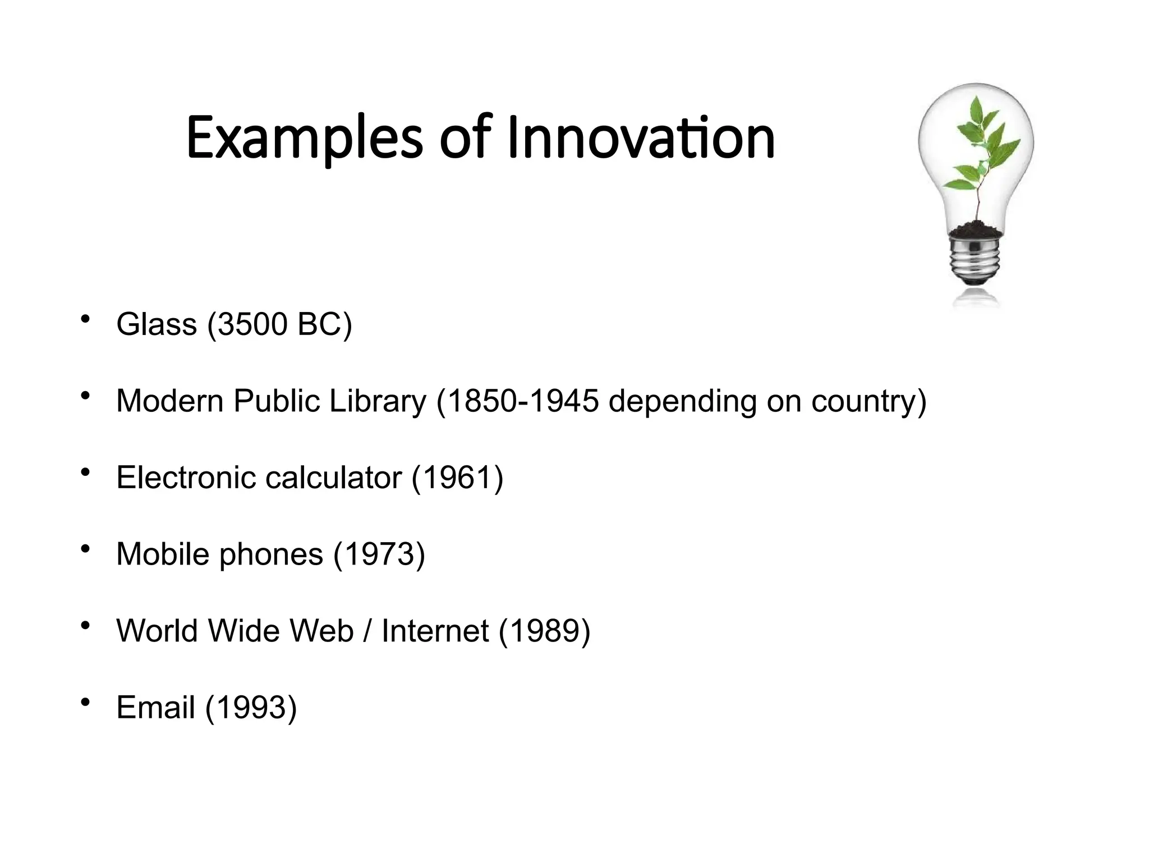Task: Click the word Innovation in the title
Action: click(641, 137)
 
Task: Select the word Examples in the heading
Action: click(304, 139)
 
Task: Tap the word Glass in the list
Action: click(157, 324)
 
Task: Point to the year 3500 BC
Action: click(279, 324)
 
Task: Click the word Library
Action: click(378, 401)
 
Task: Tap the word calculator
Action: click(333, 478)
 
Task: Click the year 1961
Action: click(457, 478)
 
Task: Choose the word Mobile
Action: click(163, 554)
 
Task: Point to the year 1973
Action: click(379, 554)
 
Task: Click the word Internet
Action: click(435, 630)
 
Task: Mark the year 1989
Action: click(544, 630)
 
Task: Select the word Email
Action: click(155, 707)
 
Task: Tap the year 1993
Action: click(251, 707)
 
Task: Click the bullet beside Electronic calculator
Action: click(85, 473)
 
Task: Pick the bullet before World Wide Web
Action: click(85, 625)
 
